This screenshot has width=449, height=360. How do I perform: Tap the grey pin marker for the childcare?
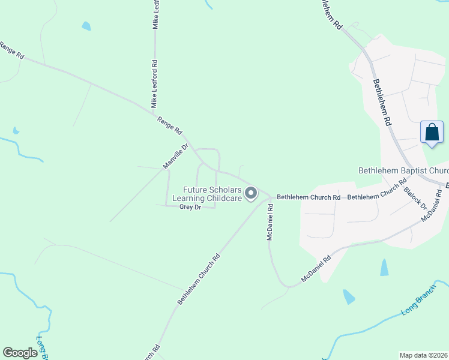[252, 193]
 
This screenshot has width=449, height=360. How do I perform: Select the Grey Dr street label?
[190, 207]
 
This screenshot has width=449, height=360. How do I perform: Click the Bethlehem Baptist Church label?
[403, 171]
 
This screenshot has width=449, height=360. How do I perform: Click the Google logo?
[20, 352]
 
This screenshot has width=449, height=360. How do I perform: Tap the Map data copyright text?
[424, 355]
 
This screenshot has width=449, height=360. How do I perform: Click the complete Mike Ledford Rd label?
[154, 84]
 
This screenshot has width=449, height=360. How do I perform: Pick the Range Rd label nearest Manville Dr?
[169, 125]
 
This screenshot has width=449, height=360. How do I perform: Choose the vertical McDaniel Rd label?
[270, 222]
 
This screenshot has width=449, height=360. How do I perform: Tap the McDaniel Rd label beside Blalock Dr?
[435, 206]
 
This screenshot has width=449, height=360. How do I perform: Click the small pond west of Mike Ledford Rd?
[86, 26]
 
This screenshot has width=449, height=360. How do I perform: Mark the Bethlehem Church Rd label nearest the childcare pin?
[309, 197]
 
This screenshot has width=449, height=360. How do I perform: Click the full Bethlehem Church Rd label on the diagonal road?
[199, 279]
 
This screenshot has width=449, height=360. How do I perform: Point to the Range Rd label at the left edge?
[12, 50]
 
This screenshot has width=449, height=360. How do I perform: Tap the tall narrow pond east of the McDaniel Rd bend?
[384, 268]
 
